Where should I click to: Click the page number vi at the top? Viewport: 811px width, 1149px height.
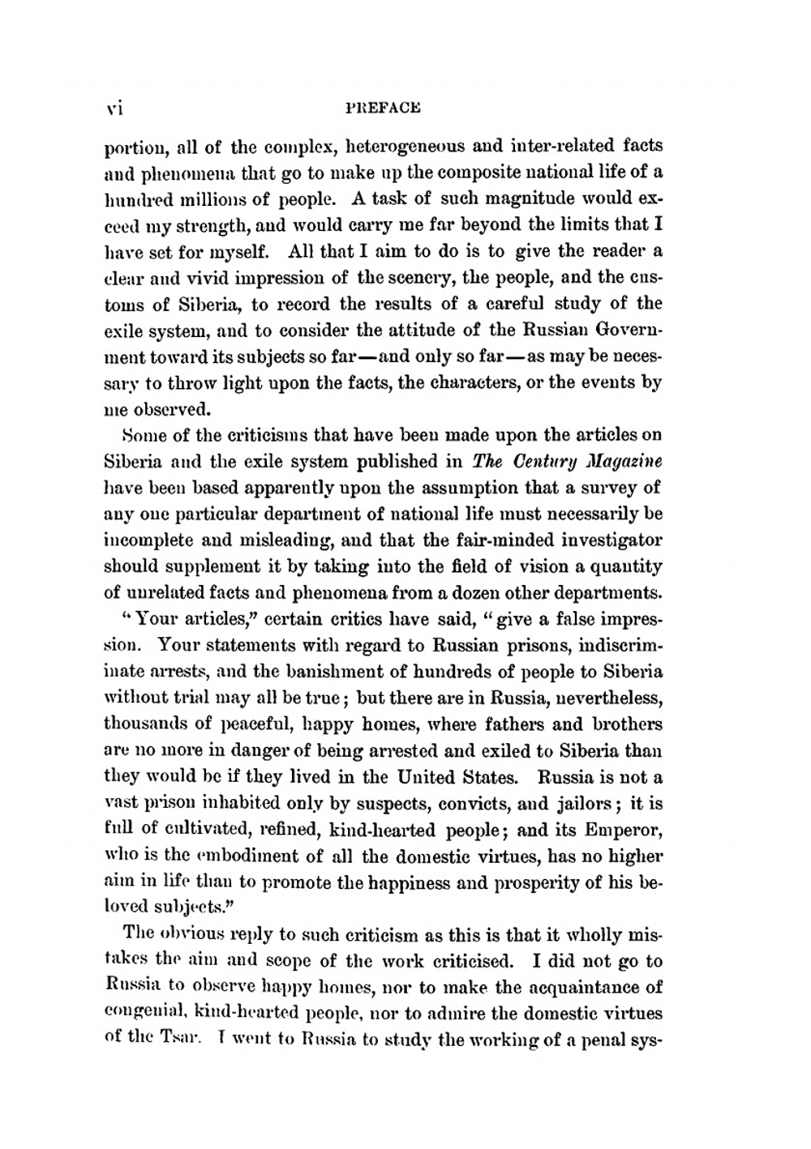point(113,107)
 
